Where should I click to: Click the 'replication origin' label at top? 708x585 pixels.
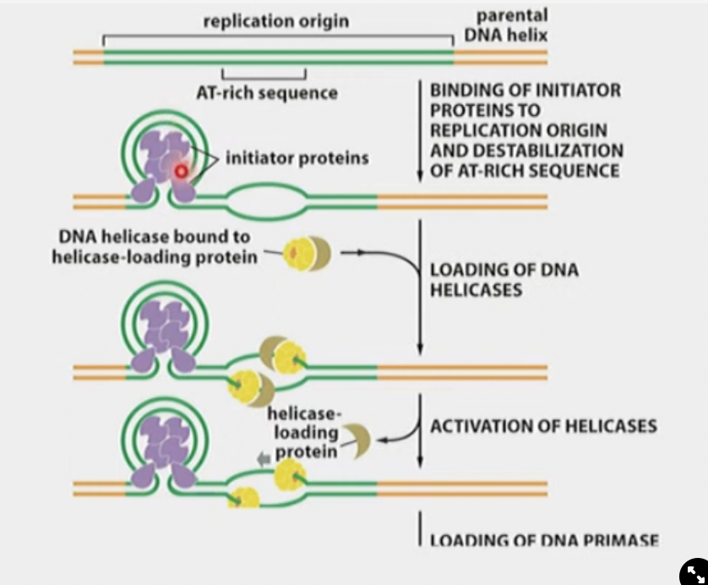coord(275,21)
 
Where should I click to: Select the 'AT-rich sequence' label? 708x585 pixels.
coord(266,93)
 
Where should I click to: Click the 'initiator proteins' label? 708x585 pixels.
coord(297,158)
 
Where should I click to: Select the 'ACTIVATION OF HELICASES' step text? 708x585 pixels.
coord(542,425)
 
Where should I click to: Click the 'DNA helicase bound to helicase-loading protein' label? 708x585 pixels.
coord(155,247)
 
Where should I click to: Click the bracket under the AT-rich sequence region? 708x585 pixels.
coord(258,74)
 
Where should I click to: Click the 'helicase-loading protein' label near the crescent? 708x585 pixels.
coord(304,433)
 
